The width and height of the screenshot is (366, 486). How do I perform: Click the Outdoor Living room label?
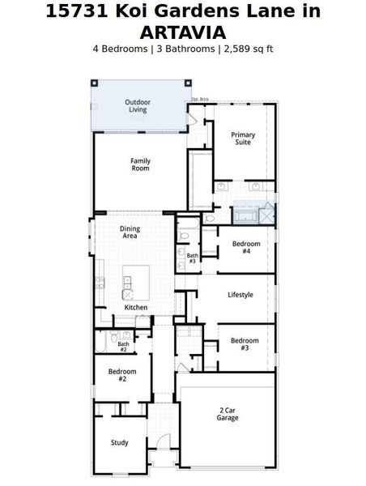[138, 106]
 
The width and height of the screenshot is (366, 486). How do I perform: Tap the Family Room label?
[140, 164]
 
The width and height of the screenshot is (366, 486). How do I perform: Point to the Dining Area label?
[130, 232]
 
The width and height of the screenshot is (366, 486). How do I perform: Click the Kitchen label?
[135, 308]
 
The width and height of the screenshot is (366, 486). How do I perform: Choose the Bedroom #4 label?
[246, 248]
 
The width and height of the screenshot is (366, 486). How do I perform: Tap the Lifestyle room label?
[240, 295]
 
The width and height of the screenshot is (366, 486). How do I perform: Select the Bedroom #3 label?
[245, 344]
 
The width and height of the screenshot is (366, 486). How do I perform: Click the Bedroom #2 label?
[122, 375]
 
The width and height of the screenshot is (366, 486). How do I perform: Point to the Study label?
[120, 443]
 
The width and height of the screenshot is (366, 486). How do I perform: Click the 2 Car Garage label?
[228, 414]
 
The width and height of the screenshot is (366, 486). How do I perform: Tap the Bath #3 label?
[192, 258]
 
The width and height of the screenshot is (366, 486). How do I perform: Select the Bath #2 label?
[123, 347]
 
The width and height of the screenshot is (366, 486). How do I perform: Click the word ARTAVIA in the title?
[182, 32]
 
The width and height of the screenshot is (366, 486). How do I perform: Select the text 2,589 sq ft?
[246, 49]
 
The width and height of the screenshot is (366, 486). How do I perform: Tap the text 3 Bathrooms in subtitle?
[185, 49]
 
